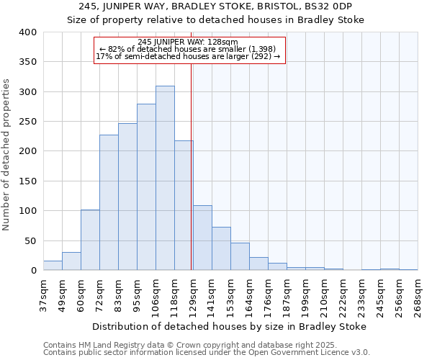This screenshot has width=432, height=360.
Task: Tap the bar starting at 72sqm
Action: tap(109, 202)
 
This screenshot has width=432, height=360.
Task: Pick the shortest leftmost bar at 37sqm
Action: tap(53, 266)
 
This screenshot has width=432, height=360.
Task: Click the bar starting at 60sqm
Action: tap(90, 240)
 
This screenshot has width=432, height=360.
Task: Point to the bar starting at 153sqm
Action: tap(240, 257)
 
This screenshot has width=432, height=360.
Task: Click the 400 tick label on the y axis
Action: tap(27, 32)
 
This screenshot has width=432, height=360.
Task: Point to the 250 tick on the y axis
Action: tap(27, 122)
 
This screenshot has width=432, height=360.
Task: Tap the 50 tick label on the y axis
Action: tap(30, 241)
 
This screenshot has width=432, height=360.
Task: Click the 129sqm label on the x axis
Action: tap(193, 295)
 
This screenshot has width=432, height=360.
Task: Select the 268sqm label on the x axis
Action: tap(418, 295)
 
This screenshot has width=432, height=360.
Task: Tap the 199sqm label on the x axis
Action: tap(305, 295)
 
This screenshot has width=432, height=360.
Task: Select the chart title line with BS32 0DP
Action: tap(216, 6)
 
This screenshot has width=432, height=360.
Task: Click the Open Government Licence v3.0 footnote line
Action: tap(206, 353)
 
